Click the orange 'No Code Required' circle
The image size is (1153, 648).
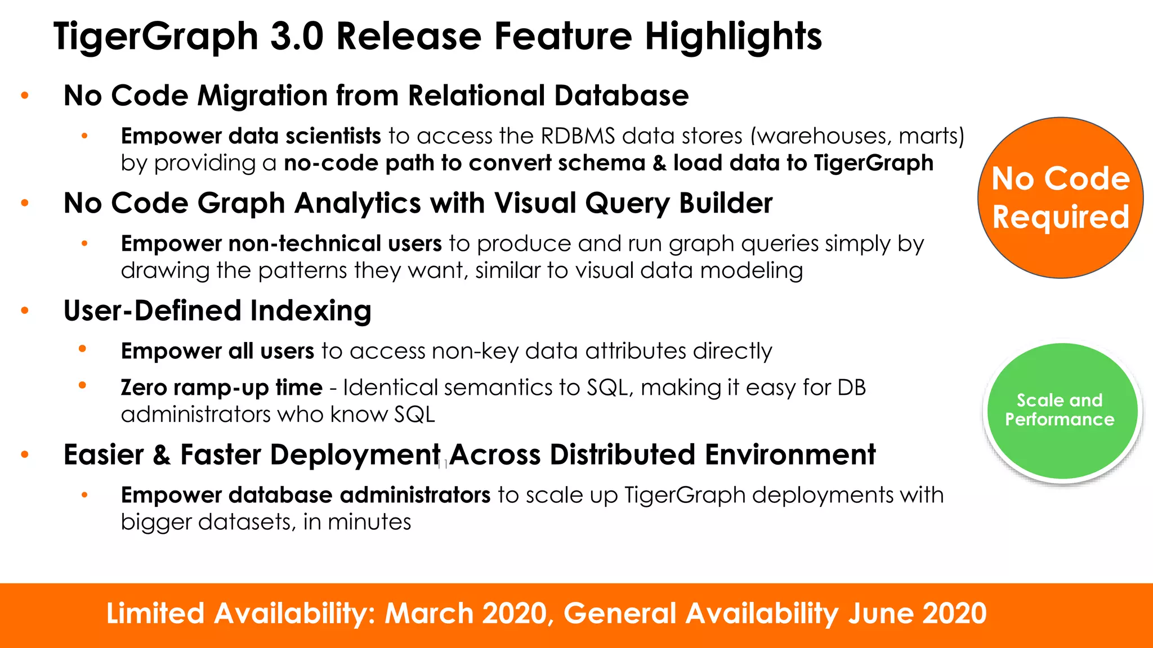pyautogui.click(x=1060, y=197)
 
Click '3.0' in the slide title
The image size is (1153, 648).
pyautogui.click(x=296, y=37)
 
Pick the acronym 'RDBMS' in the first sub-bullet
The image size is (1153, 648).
pyautogui.click(x=578, y=136)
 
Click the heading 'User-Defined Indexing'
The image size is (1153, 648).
pyautogui.click(x=217, y=311)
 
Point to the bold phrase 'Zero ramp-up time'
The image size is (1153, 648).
pyautogui.click(x=221, y=388)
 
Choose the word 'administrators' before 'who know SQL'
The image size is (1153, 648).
pyautogui.click(x=196, y=415)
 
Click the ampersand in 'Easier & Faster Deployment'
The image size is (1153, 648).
pyautogui.click(x=162, y=455)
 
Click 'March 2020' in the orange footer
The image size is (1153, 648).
pyautogui.click(x=465, y=614)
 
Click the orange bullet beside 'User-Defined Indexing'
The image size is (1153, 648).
pyautogui.click(x=25, y=310)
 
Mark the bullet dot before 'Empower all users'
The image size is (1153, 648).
pyautogui.click(x=83, y=349)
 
